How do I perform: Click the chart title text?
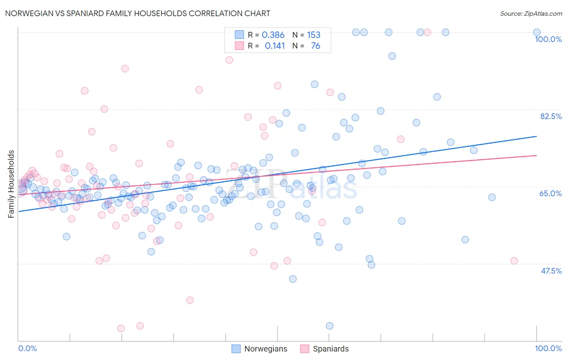coord(138,13)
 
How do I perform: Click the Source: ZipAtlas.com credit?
coord(531,13)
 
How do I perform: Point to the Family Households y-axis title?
coord(11,184)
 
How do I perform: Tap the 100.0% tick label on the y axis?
coord(548,39)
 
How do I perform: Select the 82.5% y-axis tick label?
coord(551,116)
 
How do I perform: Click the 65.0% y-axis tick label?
coord(550,193)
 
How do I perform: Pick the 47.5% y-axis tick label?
coord(551,271)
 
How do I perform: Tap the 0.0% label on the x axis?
coord(27,348)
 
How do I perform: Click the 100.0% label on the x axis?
coord(548,348)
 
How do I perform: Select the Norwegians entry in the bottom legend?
coord(265,349)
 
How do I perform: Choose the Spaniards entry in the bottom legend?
coord(330,349)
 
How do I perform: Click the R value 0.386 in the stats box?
coord(273,35)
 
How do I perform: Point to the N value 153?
coord(313,35)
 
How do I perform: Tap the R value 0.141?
coord(275,46)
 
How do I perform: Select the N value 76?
coord(315,46)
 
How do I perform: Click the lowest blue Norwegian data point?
coord(329,326)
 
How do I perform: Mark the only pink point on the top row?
coord(427,32)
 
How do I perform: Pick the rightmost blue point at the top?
coord(537,32)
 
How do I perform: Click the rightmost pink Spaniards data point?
coord(514,261)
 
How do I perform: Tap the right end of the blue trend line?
coord(536,136)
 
